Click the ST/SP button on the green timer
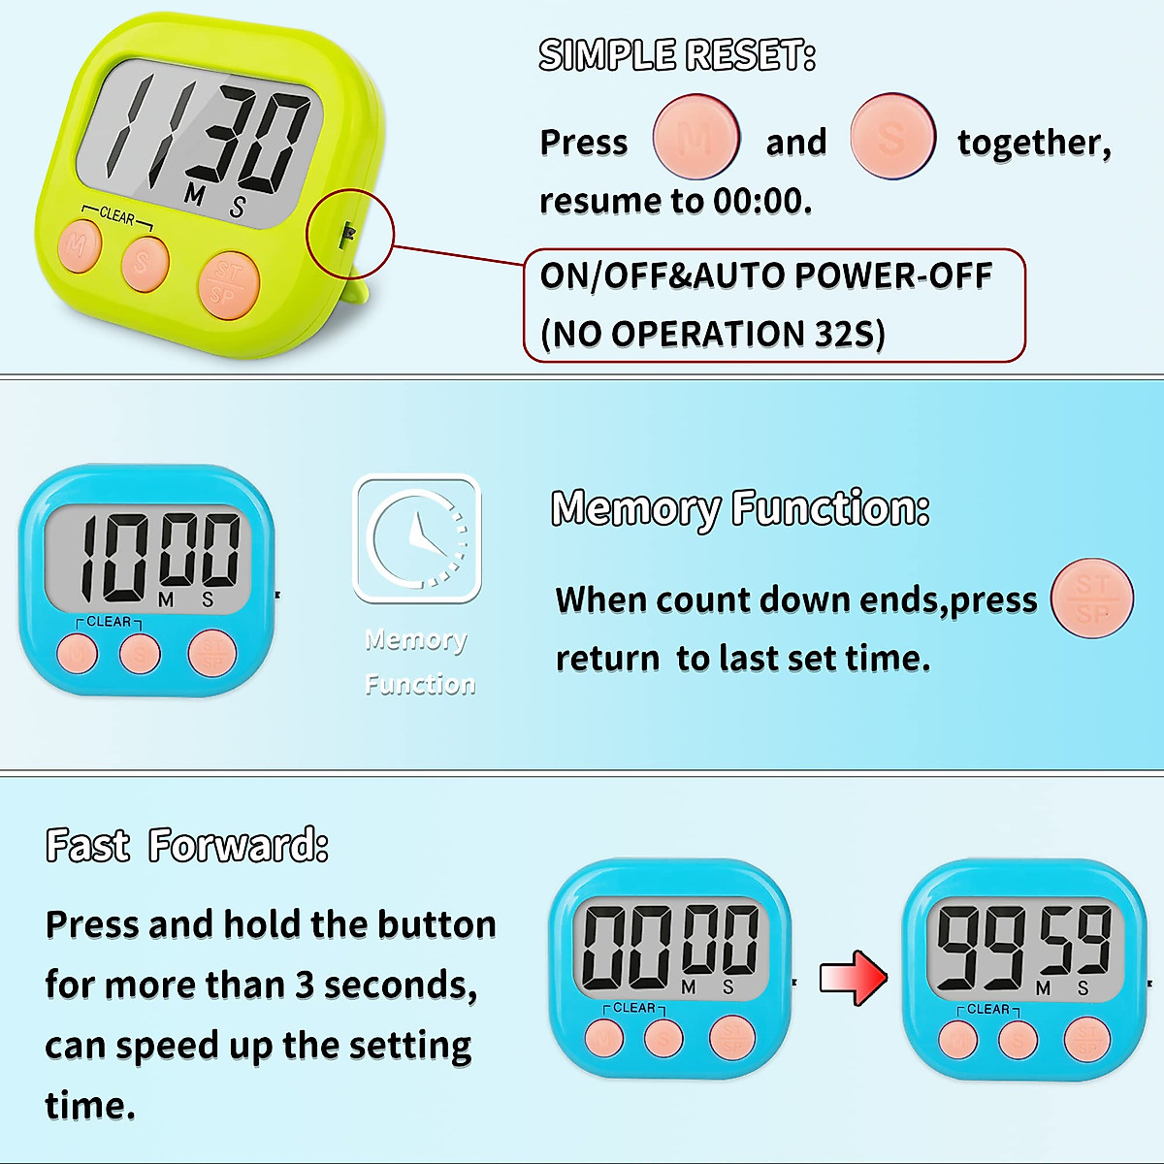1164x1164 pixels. click(x=228, y=284)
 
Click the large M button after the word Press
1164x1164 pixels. click(x=696, y=137)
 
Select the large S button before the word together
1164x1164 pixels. click(x=892, y=137)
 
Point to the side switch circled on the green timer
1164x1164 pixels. click(x=348, y=234)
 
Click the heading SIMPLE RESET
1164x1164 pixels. click(x=677, y=55)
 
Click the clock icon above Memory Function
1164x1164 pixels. click(x=417, y=538)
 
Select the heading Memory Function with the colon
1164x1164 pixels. click(x=740, y=508)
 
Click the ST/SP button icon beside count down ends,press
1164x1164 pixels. click(x=1092, y=598)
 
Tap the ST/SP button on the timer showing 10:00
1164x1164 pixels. click(x=212, y=652)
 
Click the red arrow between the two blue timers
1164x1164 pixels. click(x=853, y=978)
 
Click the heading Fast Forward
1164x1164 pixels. click(x=187, y=846)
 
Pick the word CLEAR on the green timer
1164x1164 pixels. click(x=116, y=215)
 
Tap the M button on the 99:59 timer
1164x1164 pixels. click(x=957, y=1040)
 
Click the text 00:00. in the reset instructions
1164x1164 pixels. click(x=762, y=202)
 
